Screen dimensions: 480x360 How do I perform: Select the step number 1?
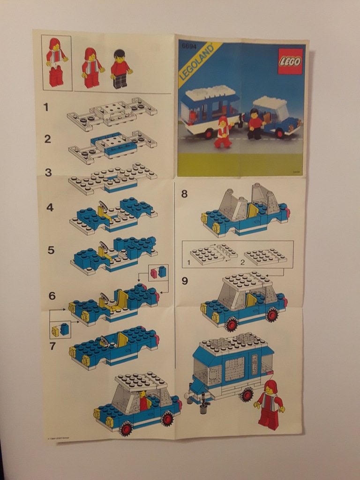coord(46,107)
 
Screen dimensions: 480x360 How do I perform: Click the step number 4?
coord(50,207)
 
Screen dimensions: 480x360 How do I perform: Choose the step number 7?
coord(53,346)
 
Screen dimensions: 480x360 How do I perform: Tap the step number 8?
coord(184,194)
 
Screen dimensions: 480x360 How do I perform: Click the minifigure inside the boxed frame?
coord(56,62)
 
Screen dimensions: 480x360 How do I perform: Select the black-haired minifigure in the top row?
coord(120,69)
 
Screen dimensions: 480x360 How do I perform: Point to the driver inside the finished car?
coord(144,401)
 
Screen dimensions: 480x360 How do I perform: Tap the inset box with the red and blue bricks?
coord(158,272)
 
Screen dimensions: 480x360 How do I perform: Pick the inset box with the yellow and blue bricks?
coord(60,330)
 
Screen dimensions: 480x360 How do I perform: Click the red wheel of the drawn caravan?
coord(247,395)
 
